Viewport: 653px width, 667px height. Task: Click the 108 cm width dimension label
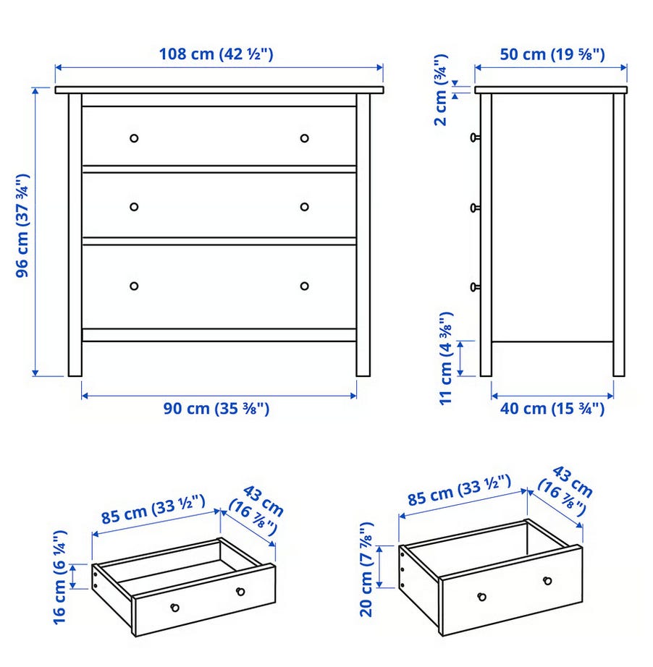coord(216,54)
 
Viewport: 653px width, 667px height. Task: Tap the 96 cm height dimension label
coord(22,226)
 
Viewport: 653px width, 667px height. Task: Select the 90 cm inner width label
coord(216,409)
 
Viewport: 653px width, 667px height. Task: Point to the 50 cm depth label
coord(552,54)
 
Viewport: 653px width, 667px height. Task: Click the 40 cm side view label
coord(552,409)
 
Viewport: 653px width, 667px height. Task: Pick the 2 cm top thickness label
coord(441,90)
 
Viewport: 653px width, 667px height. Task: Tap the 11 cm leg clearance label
coord(446,359)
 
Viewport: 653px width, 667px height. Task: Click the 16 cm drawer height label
coord(59,577)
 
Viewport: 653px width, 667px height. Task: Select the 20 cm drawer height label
coord(366,569)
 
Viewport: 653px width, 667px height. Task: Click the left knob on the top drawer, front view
coord(134,138)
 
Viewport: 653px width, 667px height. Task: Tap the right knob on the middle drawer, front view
coord(304,207)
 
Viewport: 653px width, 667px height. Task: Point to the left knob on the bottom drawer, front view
coord(134,286)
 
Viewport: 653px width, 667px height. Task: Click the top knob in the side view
coord(475,137)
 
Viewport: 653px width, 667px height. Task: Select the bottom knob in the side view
coord(475,287)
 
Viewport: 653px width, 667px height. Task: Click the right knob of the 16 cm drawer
coord(240,591)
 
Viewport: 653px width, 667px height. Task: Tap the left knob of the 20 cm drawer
coord(482,597)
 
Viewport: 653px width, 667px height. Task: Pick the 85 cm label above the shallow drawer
coord(153,509)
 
